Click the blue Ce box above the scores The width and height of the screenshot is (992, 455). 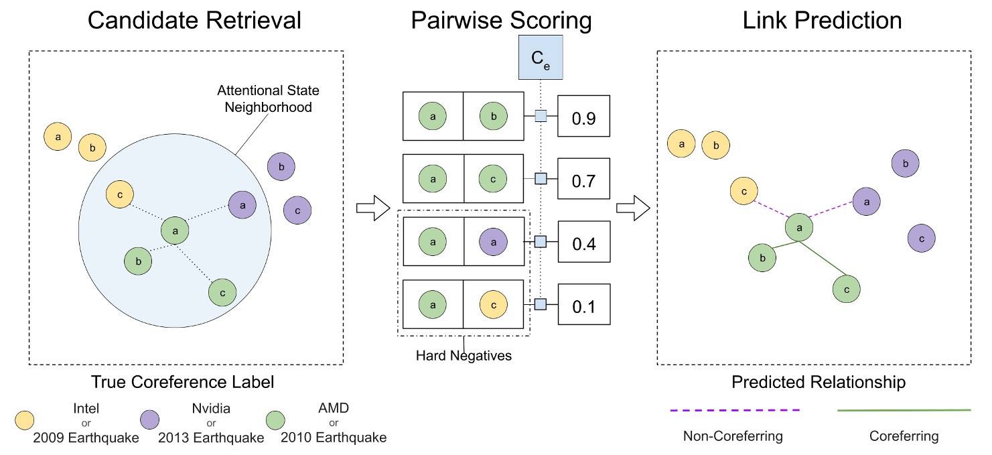tap(541, 59)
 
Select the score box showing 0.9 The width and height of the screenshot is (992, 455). tap(583, 119)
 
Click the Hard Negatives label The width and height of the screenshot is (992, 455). tap(464, 356)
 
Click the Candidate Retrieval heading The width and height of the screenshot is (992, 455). tap(194, 21)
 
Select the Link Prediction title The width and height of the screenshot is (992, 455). tap(822, 21)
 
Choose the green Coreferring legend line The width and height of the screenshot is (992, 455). tap(904, 409)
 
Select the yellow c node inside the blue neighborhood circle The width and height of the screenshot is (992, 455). tap(119, 194)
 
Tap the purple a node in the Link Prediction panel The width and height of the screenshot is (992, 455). tap(865, 200)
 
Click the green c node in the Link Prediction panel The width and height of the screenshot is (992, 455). tap(846, 289)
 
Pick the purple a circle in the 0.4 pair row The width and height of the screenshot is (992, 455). tap(494, 243)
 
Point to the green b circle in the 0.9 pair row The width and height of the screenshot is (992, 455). tap(494, 116)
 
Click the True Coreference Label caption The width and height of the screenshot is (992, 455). tap(182, 383)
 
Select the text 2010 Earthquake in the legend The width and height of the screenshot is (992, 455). tap(334, 438)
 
